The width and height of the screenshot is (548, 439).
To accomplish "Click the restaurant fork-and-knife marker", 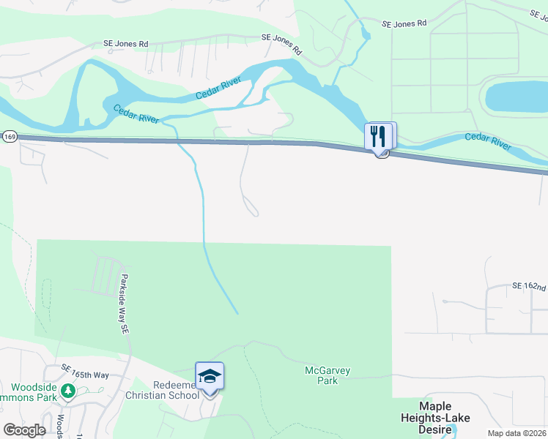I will (379, 135).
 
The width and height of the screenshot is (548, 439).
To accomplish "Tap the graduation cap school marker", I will (210, 377).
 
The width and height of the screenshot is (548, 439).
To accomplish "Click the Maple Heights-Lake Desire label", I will (434, 417).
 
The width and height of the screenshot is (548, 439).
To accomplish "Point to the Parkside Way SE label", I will (125, 304).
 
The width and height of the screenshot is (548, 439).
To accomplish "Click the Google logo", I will (23, 429).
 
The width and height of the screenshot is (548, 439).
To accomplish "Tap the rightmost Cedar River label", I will (488, 141).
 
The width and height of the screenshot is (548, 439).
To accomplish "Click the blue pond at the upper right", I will (515, 96).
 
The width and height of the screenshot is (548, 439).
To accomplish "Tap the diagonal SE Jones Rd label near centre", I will (283, 44).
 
